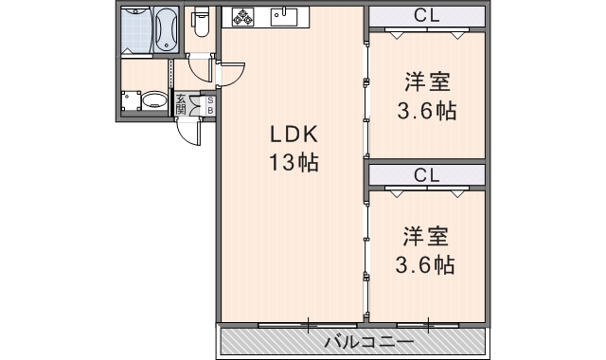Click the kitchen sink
tap(281, 16)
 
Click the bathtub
tap(165, 29)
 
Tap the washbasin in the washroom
tap(152, 99)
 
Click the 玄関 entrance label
tap(181, 103)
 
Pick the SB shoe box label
tap(209, 104)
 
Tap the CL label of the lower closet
tap(425, 174)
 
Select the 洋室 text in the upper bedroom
tap(425, 82)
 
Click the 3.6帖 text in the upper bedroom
tap(425, 110)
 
